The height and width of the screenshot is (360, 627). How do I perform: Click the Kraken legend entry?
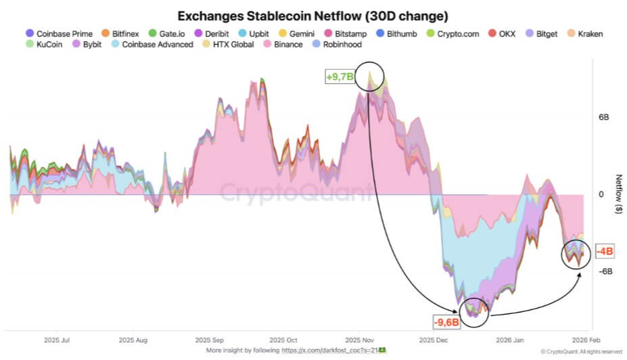click(x=584, y=33)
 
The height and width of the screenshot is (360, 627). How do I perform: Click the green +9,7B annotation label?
click(x=340, y=77)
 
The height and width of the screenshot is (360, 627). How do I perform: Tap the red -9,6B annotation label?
click(x=446, y=321)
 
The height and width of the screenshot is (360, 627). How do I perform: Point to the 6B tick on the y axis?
click(x=603, y=117)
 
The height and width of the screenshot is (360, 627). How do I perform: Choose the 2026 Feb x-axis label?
click(x=583, y=340)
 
